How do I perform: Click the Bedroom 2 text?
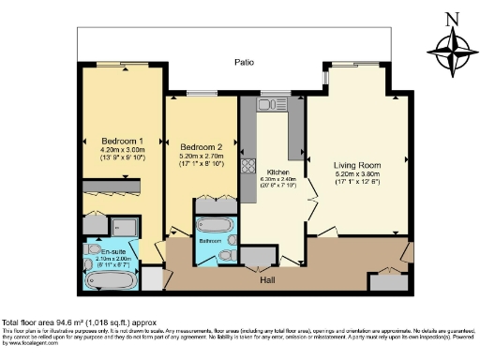pyautogui.click(x=201, y=147)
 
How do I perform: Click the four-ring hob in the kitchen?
pyautogui.click(x=249, y=167)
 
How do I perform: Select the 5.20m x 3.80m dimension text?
pyautogui.click(x=356, y=174)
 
